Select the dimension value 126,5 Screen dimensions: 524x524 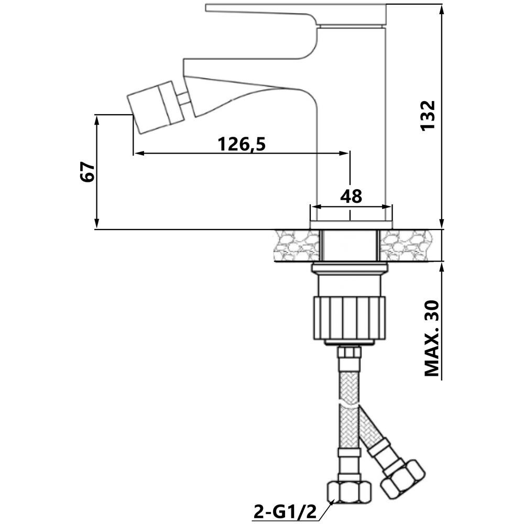(x=242, y=143)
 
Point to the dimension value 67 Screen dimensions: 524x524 (x=88, y=172)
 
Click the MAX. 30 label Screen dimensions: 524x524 (x=431, y=339)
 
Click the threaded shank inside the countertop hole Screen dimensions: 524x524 (x=350, y=245)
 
